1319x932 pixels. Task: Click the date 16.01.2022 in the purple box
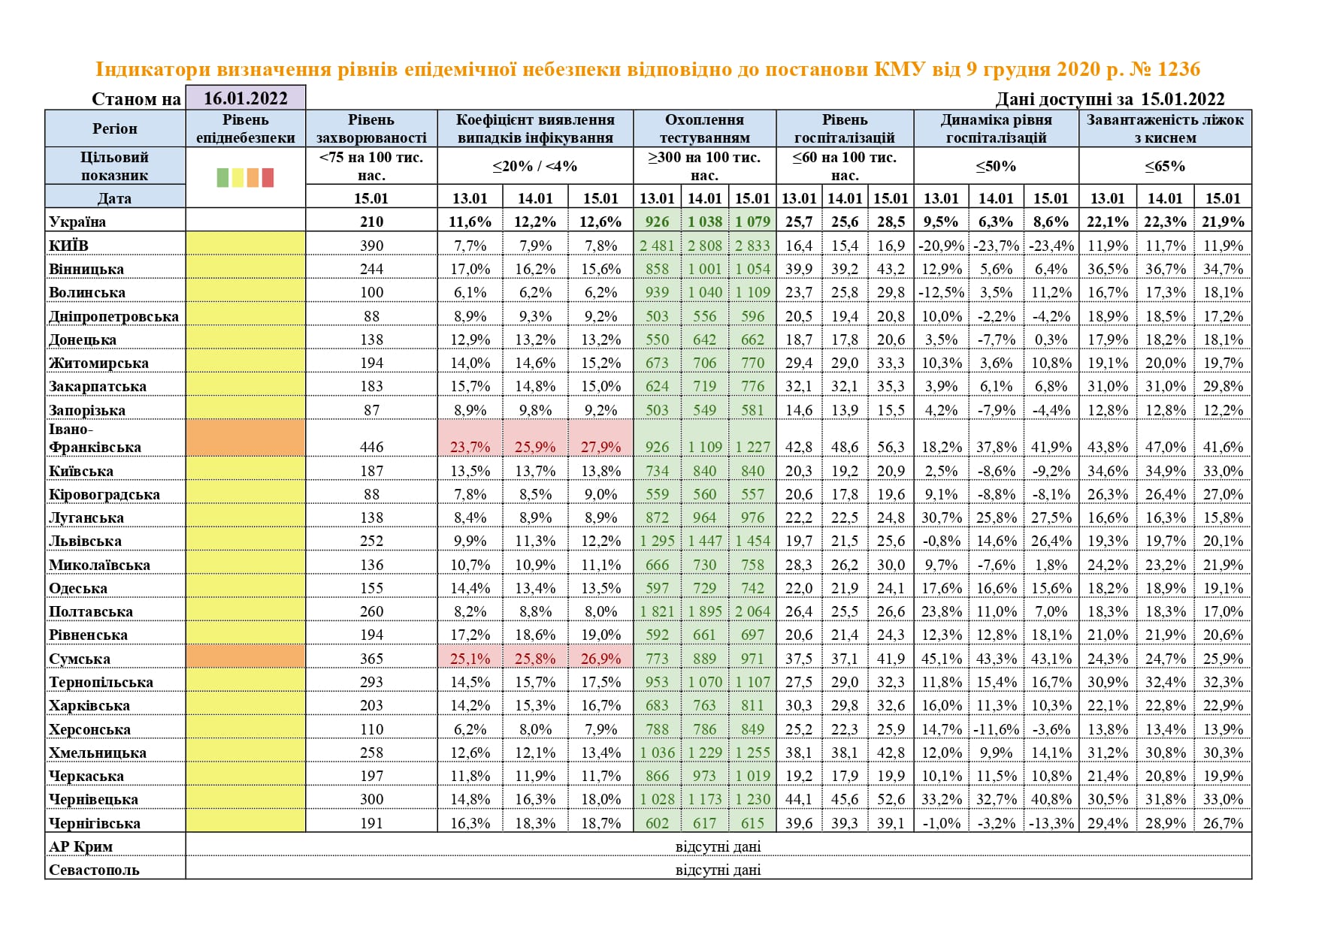(x=245, y=98)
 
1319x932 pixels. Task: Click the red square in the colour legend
(x=268, y=177)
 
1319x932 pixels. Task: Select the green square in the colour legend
(x=222, y=177)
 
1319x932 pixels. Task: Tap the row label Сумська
(x=80, y=659)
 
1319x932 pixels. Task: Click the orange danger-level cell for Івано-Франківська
(x=245, y=438)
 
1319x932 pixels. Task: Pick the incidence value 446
(x=371, y=447)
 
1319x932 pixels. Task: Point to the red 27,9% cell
(x=601, y=447)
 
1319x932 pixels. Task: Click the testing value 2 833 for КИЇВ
(x=752, y=246)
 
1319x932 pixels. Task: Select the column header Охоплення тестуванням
(x=704, y=128)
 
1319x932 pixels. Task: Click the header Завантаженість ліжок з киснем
(x=1165, y=128)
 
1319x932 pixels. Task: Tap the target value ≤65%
(x=1165, y=166)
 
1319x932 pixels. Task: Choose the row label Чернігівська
(x=95, y=823)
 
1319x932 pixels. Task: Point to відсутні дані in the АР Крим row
(x=718, y=846)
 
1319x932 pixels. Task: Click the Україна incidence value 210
(x=371, y=222)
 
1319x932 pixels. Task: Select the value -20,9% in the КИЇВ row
(x=941, y=246)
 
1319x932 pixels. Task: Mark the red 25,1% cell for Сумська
(x=470, y=659)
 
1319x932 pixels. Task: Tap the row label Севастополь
(x=94, y=870)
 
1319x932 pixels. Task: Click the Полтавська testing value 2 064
(x=752, y=611)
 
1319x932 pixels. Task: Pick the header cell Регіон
(x=115, y=128)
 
